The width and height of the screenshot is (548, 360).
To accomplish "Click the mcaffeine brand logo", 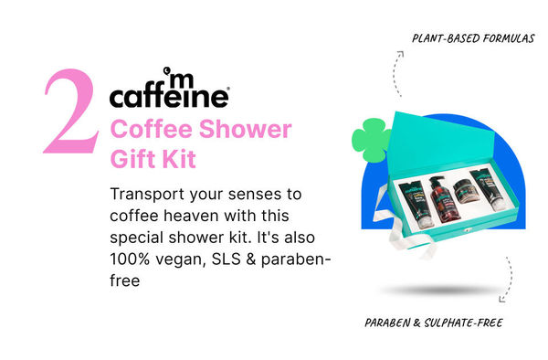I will pyautogui.click(x=169, y=90).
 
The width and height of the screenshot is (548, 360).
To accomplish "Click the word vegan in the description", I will pyautogui.click(x=185, y=260).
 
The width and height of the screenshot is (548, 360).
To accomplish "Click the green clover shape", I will pyautogui.click(x=368, y=139).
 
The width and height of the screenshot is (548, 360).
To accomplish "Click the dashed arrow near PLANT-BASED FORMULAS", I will pyautogui.click(x=395, y=73).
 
